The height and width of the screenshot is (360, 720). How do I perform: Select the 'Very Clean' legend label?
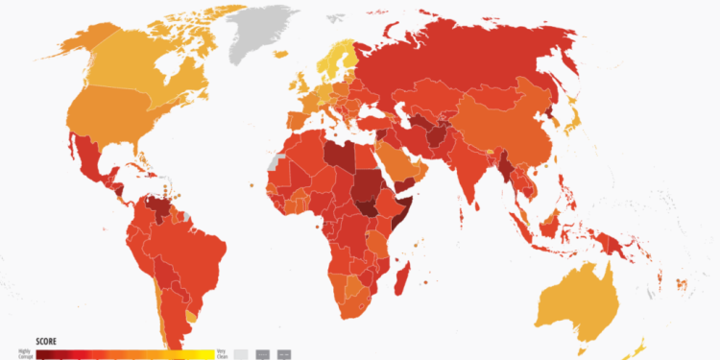[x=222, y=354]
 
